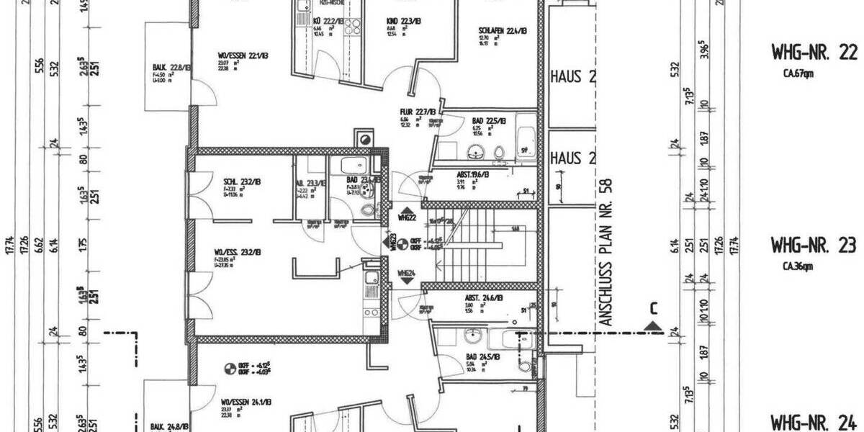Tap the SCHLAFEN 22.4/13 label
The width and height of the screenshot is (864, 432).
503,31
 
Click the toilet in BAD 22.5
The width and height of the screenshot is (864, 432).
498,152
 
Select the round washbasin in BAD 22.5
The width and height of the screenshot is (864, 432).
476,151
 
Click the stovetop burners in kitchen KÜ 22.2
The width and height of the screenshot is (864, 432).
353,27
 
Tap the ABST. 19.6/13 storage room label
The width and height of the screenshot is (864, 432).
473,175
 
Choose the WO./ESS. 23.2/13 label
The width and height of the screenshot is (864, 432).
237,252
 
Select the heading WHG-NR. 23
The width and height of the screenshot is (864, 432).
813,246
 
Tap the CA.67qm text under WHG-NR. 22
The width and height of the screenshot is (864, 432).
798,73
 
